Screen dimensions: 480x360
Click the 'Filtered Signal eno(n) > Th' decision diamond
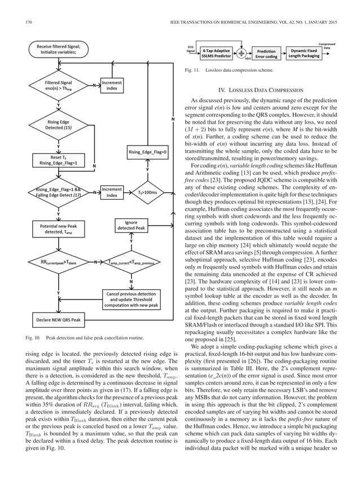click(58, 86)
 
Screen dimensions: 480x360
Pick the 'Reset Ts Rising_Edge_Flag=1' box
click(58, 160)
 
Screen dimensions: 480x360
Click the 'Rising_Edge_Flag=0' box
click(147, 152)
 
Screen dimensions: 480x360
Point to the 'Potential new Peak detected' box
click(58, 229)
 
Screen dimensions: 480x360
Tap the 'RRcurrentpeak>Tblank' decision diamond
click(58, 262)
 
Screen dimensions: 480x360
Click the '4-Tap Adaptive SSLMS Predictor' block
click(217, 53)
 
